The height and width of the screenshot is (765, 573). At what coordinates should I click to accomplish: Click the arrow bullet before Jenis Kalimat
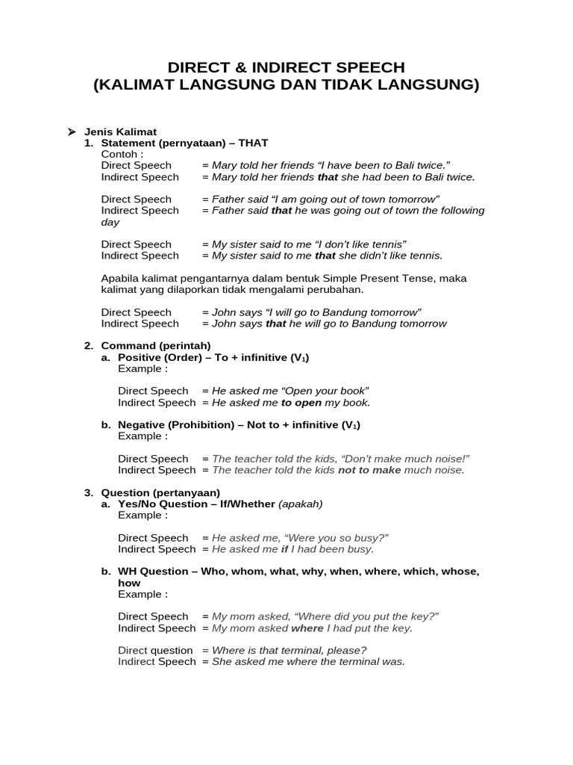coord(72,131)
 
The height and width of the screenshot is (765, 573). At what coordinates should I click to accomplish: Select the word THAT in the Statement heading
coord(253,143)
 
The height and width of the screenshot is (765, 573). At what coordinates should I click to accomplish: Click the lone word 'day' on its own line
coord(110,222)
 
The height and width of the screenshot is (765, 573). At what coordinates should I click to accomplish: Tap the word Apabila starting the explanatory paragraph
coord(121,278)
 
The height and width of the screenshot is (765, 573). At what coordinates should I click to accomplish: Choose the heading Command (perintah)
coord(156,346)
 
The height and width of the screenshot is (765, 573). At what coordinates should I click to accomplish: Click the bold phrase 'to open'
coord(301,403)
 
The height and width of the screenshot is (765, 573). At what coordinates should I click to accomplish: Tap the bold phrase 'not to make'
coord(369,470)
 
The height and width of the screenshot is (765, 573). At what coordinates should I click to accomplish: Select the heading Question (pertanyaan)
coord(160,492)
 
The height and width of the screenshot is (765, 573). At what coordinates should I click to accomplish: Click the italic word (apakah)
coord(301,504)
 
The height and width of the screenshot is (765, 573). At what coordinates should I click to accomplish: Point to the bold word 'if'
coord(284,549)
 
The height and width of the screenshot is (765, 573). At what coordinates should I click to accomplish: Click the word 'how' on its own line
coord(129,583)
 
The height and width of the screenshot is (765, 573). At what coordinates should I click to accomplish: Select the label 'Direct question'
coord(155,650)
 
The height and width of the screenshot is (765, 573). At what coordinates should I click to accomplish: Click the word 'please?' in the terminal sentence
coord(348,650)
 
